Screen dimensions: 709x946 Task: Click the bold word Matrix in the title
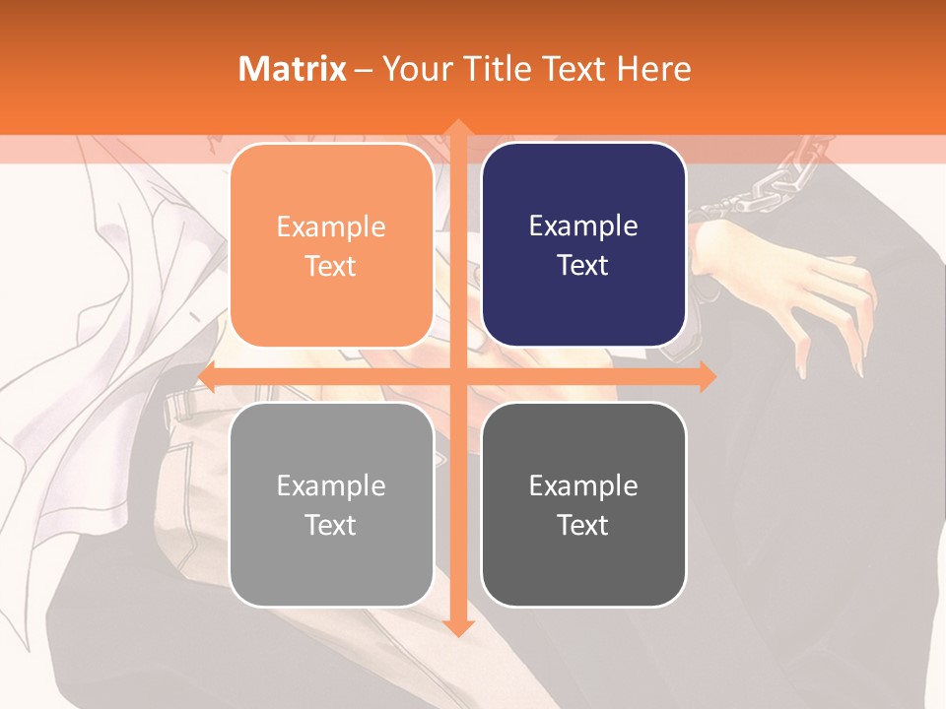293,69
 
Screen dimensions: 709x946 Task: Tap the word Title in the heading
498,69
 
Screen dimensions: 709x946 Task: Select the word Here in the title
653,69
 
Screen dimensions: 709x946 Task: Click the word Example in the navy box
583,226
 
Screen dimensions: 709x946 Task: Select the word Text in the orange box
331,266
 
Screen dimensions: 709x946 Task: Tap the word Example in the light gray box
331,485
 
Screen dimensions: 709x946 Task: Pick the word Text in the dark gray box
583,525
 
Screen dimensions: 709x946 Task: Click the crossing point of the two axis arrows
457,377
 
